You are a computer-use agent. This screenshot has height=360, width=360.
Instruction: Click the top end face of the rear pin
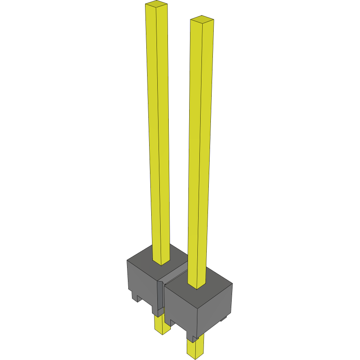coord(157,4)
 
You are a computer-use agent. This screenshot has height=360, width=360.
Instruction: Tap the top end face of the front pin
coord(202,19)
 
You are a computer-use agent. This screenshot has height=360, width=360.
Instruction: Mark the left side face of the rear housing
coord(141,282)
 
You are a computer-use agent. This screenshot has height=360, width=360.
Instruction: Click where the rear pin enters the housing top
coord(161,262)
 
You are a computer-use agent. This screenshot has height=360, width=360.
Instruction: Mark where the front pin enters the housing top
coord(197,286)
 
